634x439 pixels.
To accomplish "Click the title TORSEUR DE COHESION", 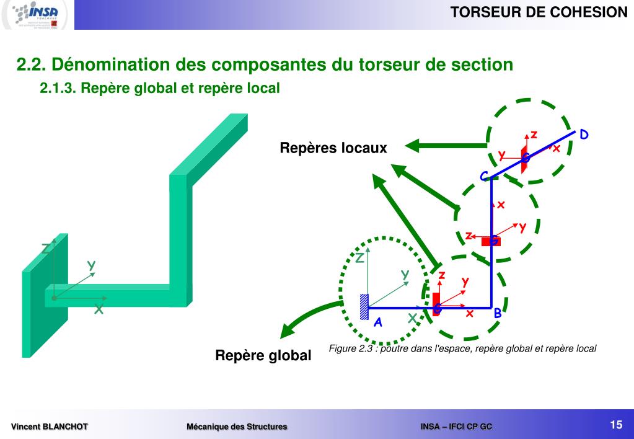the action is [x=539, y=12].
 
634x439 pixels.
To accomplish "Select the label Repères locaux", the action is [x=333, y=148].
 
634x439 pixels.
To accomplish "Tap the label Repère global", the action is [x=263, y=356].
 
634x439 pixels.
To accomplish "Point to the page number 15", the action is [x=615, y=425].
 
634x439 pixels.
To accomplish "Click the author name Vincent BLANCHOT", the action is [x=50, y=427].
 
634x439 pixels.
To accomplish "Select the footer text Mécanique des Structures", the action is [x=237, y=427].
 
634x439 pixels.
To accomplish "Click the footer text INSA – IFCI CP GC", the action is [x=456, y=427].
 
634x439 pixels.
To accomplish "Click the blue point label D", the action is [x=584, y=135].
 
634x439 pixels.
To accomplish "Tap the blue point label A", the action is [x=377, y=322].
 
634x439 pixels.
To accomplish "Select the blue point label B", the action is [x=497, y=314].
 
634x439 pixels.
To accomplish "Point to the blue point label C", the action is [x=484, y=177].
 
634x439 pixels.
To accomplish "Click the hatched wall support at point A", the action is [x=364, y=306].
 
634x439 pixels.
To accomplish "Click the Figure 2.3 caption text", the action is [x=462, y=348].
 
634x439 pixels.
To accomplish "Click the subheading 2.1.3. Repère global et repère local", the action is [x=160, y=89].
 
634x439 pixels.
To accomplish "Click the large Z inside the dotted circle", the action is [x=359, y=258].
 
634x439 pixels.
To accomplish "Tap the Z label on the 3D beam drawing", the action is [x=46, y=249].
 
